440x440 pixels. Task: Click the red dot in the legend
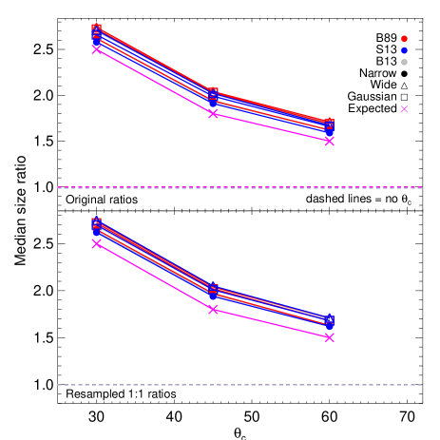(x=404, y=39)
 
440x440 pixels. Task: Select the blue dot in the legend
(x=404, y=50)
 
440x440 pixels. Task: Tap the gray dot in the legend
(x=404, y=62)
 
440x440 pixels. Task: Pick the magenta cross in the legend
(x=404, y=109)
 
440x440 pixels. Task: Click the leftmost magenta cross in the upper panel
(x=96, y=49)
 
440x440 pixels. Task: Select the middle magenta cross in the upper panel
(x=213, y=113)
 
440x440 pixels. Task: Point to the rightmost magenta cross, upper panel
(x=329, y=141)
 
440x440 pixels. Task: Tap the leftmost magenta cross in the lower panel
(x=96, y=244)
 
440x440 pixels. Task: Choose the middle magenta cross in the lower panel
(x=213, y=310)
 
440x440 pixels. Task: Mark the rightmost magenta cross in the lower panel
(x=329, y=337)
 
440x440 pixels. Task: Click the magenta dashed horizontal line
(x=238, y=187)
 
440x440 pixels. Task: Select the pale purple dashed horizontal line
(x=238, y=385)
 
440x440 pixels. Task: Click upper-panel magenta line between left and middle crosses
(x=154, y=81)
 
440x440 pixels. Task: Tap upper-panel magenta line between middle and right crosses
(x=271, y=127)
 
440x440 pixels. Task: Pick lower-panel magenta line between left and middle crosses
(x=154, y=277)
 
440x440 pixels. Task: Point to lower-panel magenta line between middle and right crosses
(x=271, y=324)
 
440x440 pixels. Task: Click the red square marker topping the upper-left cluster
(x=96, y=29)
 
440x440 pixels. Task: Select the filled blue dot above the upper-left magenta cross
(x=96, y=42)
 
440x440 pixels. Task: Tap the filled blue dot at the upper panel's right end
(x=329, y=129)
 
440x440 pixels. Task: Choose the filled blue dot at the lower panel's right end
(x=329, y=326)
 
